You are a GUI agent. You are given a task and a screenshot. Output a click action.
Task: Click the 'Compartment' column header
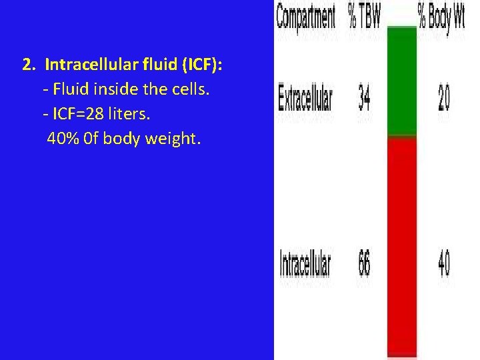point(306,18)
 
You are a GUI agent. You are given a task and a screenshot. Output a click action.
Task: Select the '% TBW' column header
point(364,18)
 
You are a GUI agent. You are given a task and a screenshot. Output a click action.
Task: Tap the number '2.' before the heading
point(29,66)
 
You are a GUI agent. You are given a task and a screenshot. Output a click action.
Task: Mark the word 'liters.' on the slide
point(131,115)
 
